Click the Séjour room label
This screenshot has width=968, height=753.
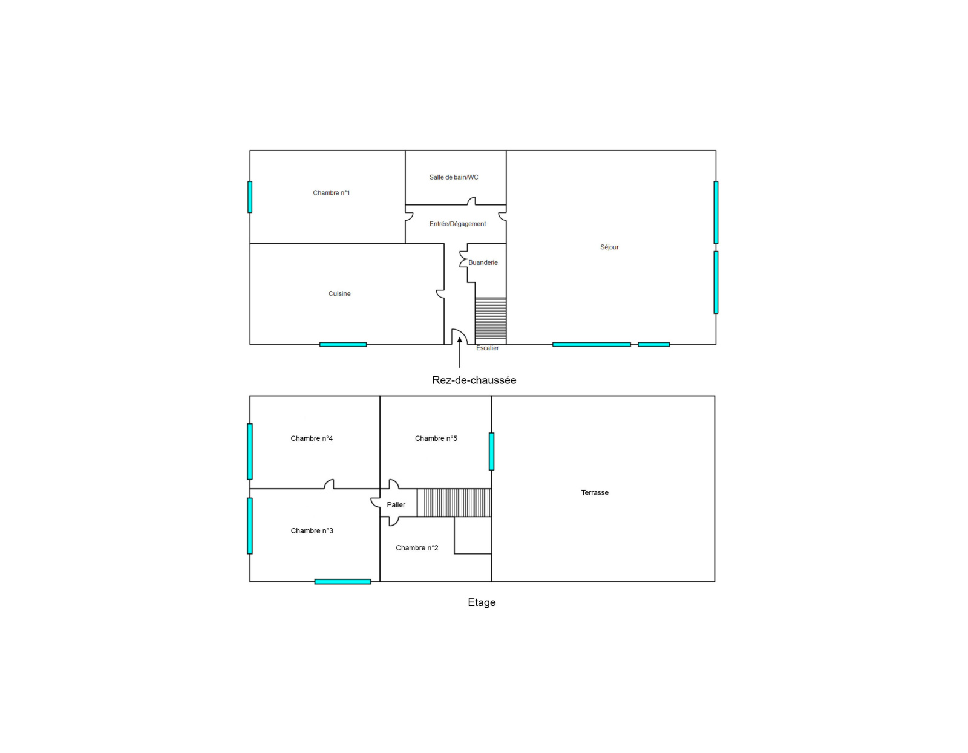click(x=609, y=247)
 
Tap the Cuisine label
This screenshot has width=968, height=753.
click(x=339, y=293)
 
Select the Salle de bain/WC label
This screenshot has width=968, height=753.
click(x=454, y=177)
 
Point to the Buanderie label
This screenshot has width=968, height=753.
click(x=483, y=262)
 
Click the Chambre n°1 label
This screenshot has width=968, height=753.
click(x=331, y=193)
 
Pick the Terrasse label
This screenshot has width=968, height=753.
click(x=595, y=492)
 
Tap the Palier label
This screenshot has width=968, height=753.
click(x=396, y=504)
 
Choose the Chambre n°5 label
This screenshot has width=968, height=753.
click(x=436, y=438)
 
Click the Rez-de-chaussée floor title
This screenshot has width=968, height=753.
click(x=474, y=380)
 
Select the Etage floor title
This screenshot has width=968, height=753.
click(x=482, y=602)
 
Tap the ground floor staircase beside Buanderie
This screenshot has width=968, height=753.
click(x=491, y=318)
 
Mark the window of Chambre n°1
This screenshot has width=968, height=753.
click(x=250, y=197)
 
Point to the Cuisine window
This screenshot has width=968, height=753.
click(x=343, y=344)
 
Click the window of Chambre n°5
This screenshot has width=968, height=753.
click(x=491, y=452)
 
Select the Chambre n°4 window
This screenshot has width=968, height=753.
click(x=250, y=452)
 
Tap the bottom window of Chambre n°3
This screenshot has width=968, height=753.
click(x=342, y=582)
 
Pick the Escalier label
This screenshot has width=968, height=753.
click(x=488, y=348)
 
